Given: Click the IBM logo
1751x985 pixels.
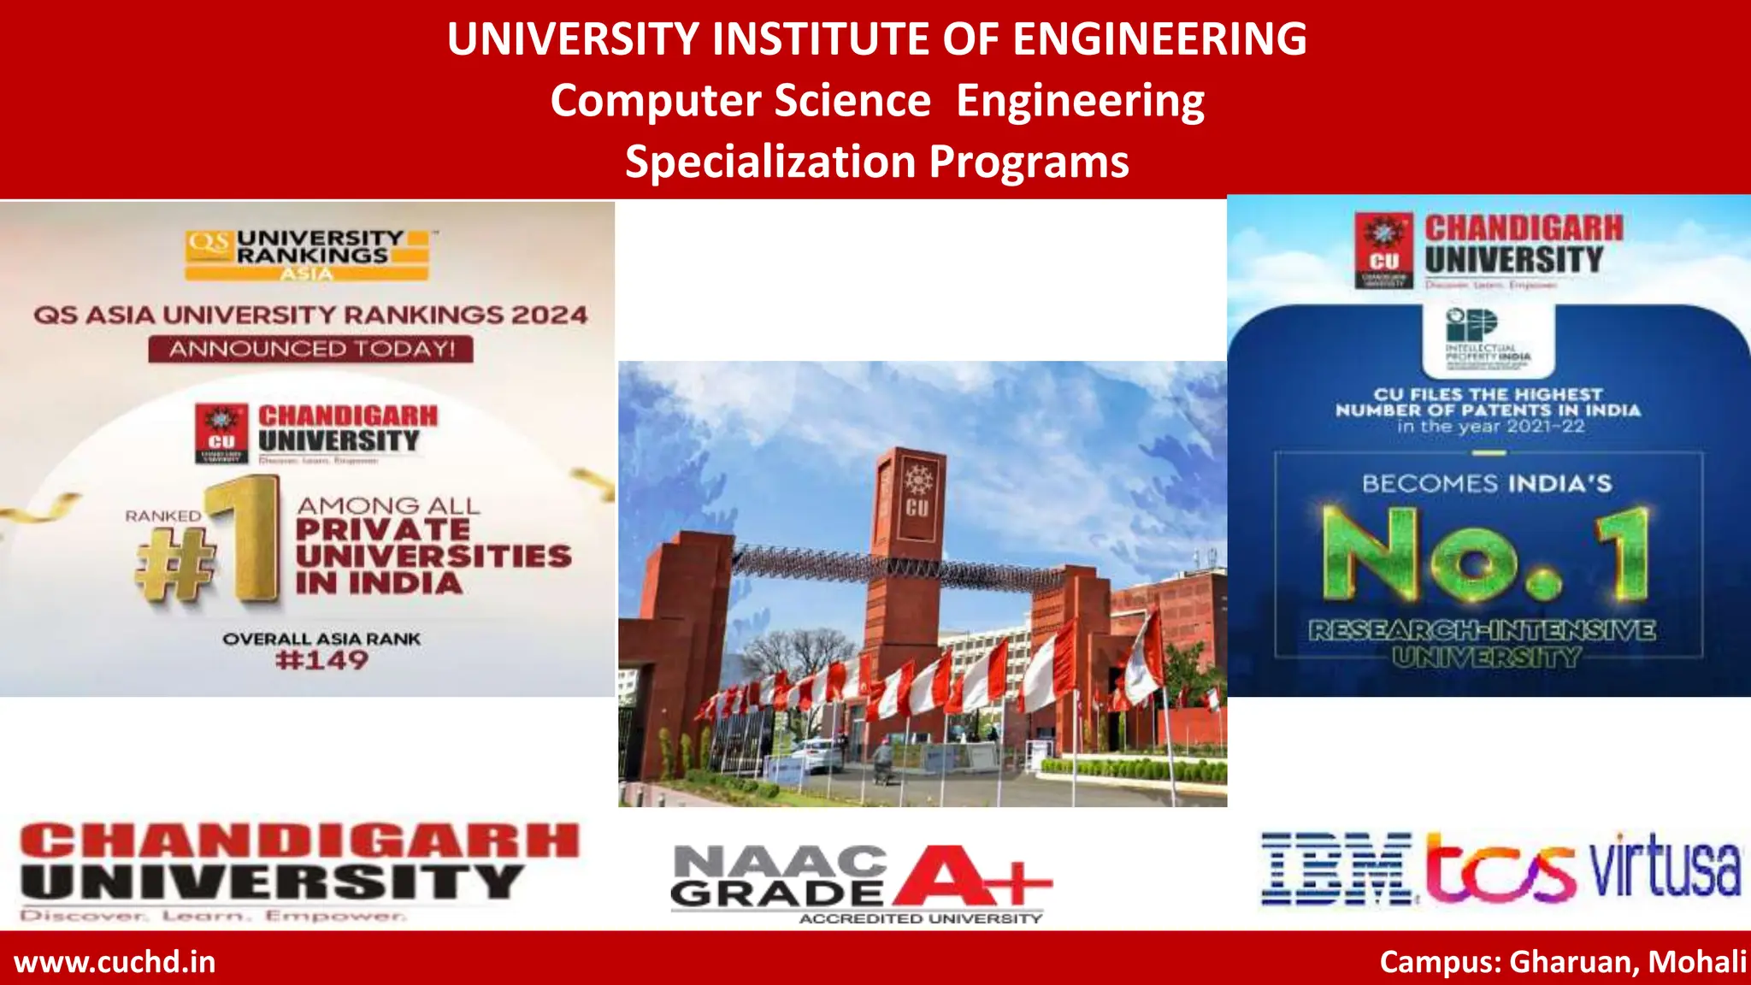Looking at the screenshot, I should click(x=1336, y=869).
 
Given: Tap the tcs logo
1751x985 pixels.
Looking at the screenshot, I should click(x=1500, y=870).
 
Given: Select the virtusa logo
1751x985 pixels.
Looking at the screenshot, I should click(x=1665, y=866).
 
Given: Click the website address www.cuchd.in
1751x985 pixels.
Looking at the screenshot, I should click(x=115, y=962).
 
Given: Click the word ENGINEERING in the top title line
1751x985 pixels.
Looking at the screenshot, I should click(x=1159, y=39).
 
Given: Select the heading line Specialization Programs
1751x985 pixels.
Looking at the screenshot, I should click(x=876, y=162).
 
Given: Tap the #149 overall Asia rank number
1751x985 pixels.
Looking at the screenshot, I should click(x=321, y=660).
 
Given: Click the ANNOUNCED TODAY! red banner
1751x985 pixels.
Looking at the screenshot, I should click(x=310, y=349).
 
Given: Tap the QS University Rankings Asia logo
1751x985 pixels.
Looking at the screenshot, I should click(x=307, y=254).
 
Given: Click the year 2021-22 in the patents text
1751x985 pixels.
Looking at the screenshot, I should click(x=1545, y=427).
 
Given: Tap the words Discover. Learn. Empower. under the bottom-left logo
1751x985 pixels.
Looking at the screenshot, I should click(x=212, y=916).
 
